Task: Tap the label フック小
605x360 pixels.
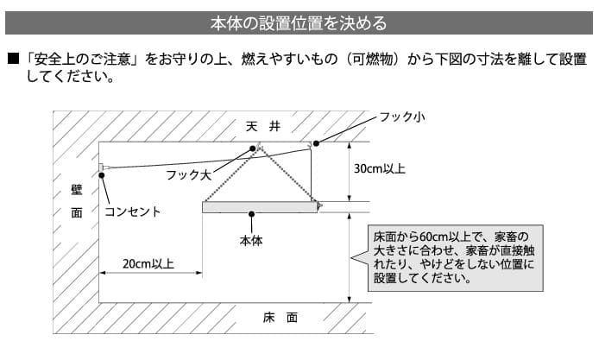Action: pyautogui.click(x=405, y=117)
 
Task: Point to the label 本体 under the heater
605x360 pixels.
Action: pyautogui.click(x=251, y=241)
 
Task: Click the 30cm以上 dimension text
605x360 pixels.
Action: pyautogui.click(x=380, y=169)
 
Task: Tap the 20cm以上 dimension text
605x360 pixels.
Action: pyautogui.click(x=148, y=263)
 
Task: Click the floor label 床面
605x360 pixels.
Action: pyautogui.click(x=280, y=317)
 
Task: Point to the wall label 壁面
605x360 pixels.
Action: pyautogui.click(x=77, y=200)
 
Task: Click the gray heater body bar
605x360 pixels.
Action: pyautogui.click(x=259, y=207)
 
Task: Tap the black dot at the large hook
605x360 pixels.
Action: pyautogui.click(x=254, y=148)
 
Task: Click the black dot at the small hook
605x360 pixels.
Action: pyautogui.click(x=317, y=142)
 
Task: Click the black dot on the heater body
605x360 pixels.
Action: pyautogui.click(x=251, y=213)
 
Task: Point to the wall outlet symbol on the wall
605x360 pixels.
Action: pyautogui.click(x=102, y=167)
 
